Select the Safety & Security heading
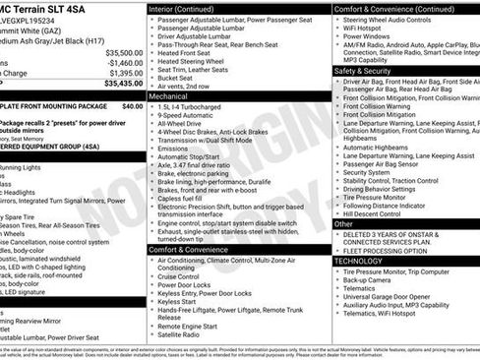click(361, 72)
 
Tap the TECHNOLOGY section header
click(358, 261)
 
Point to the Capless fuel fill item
click(189, 198)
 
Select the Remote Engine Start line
click(194, 324)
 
